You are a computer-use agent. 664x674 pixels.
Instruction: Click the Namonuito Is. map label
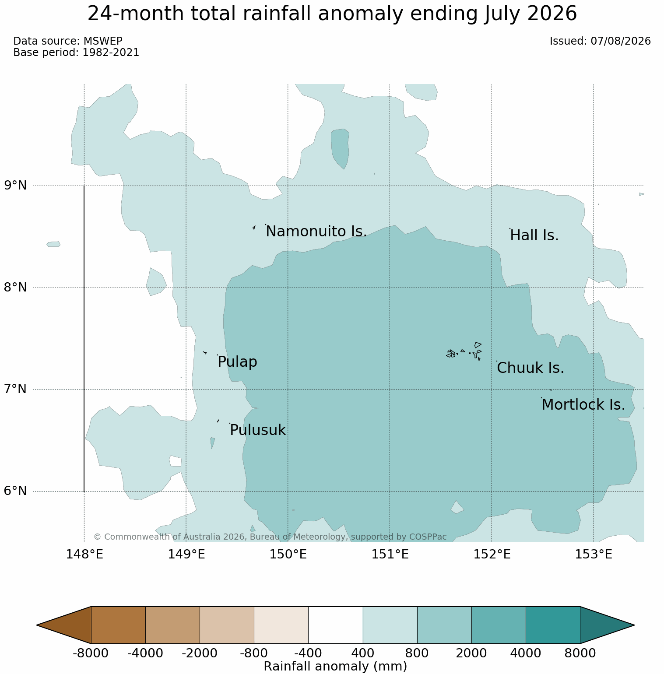(x=316, y=232)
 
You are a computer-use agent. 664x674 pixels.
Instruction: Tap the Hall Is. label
(x=534, y=235)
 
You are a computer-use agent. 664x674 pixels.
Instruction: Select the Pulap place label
(x=237, y=362)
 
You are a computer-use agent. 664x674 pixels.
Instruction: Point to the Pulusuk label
(x=258, y=430)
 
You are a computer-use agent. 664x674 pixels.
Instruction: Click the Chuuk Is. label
(x=530, y=368)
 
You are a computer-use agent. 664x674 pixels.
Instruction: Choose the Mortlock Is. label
(x=583, y=405)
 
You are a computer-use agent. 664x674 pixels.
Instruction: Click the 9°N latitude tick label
(x=16, y=186)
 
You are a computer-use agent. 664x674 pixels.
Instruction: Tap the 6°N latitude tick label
(x=16, y=491)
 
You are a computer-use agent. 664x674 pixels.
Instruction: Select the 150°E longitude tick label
(x=288, y=555)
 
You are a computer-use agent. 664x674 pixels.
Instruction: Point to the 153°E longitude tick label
(x=594, y=555)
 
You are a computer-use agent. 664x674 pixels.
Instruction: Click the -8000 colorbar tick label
(x=91, y=653)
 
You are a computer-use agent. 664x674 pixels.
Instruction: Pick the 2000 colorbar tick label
(x=471, y=653)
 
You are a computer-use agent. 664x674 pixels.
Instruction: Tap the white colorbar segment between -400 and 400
(x=336, y=625)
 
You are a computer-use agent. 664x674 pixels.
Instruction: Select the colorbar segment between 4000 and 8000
(x=553, y=625)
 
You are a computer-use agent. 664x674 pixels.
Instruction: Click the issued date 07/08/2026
(x=621, y=41)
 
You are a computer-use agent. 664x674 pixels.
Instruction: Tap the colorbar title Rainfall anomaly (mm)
(x=336, y=666)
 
